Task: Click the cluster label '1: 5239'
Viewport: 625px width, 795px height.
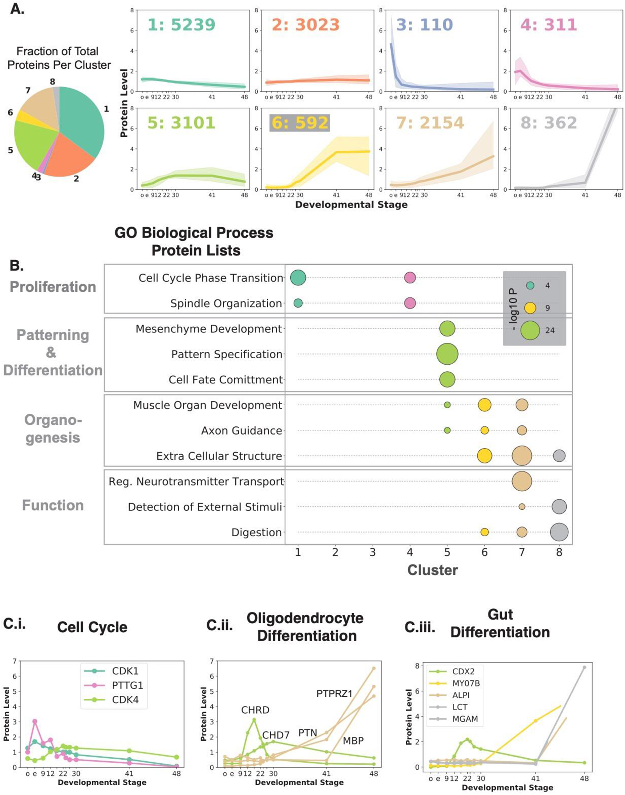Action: (181, 25)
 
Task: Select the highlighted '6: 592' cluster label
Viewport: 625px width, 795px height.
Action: (300, 123)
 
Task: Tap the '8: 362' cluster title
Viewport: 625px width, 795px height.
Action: (549, 123)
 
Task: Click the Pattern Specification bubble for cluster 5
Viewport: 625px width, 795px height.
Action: (447, 354)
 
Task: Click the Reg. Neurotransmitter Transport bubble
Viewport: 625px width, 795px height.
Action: (522, 481)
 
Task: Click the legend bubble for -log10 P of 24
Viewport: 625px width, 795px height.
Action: (530, 330)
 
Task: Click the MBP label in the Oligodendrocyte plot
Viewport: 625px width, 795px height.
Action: (353, 741)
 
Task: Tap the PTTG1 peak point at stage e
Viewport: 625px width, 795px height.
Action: (35, 721)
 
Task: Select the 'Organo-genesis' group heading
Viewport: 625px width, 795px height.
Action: (53, 429)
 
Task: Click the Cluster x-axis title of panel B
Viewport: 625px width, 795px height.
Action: (432, 570)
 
